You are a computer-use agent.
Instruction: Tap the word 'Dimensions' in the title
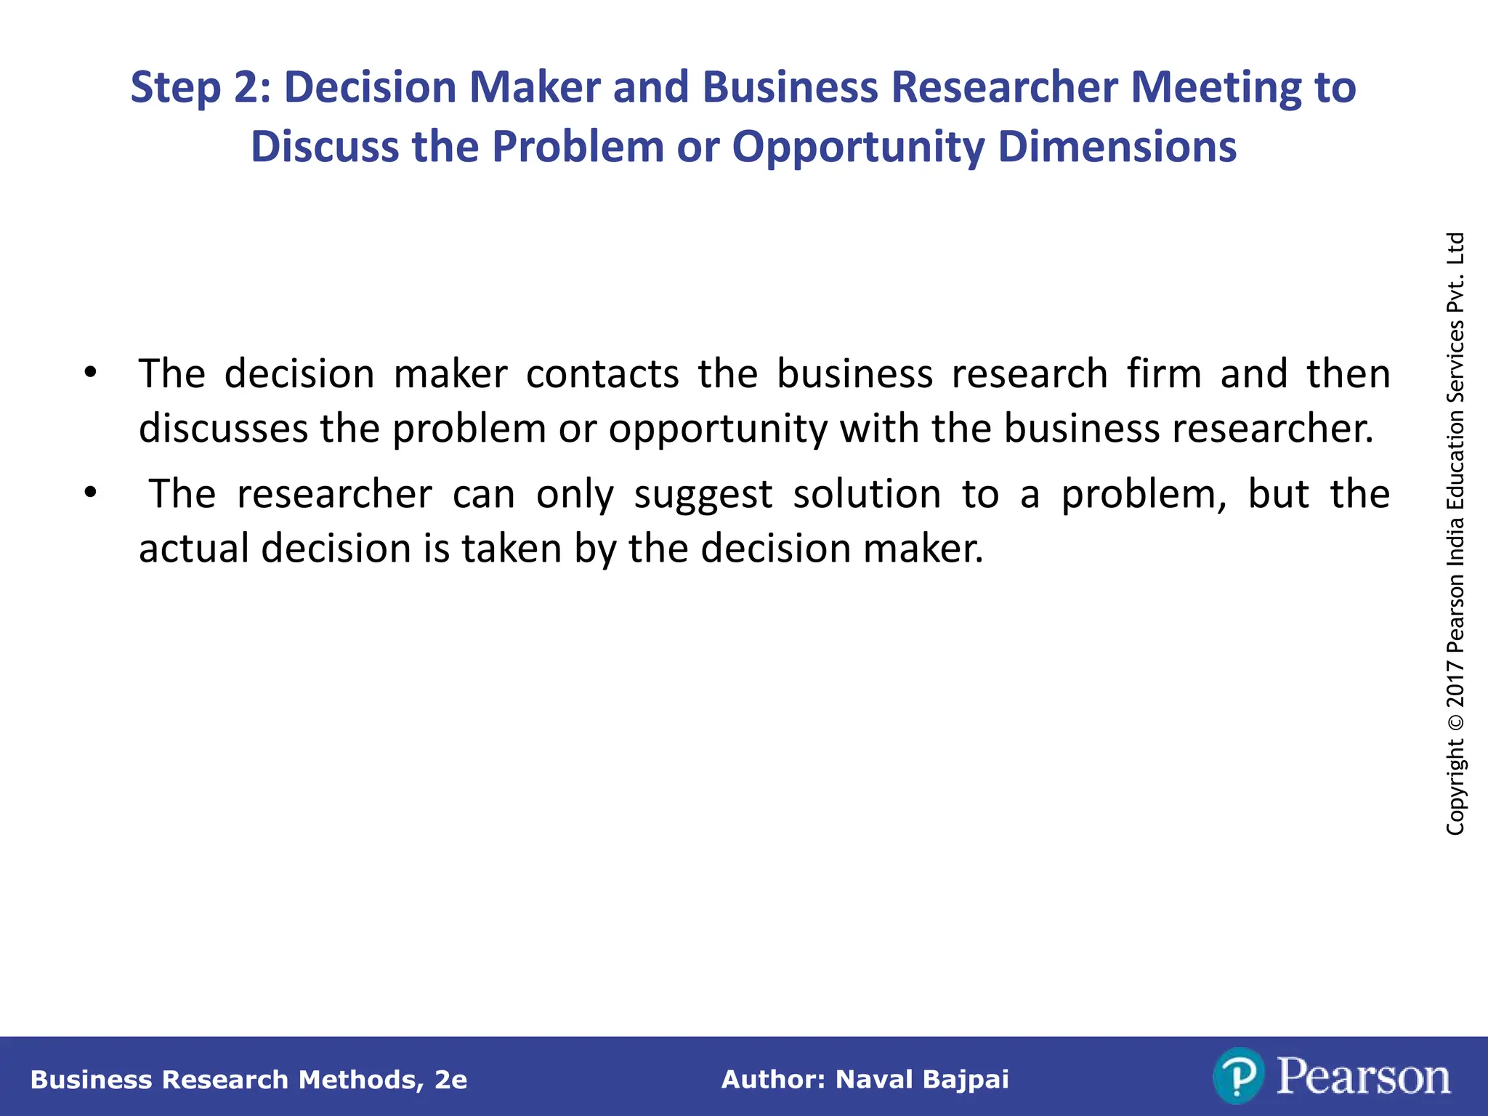coord(1117,147)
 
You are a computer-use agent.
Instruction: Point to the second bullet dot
coord(90,493)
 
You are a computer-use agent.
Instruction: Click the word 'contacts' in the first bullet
coord(602,374)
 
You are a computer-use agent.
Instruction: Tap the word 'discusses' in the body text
coord(223,428)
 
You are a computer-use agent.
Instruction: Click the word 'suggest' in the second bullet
coord(703,496)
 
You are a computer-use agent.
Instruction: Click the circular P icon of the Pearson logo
coord(1238,1076)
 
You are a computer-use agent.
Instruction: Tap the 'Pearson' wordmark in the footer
coord(1363,1077)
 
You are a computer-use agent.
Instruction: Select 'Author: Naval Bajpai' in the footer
coord(865,1080)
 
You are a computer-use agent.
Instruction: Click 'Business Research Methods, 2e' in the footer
coord(248,1080)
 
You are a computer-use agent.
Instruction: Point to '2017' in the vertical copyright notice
coord(1455,683)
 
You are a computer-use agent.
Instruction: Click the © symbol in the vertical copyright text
coord(1455,723)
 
